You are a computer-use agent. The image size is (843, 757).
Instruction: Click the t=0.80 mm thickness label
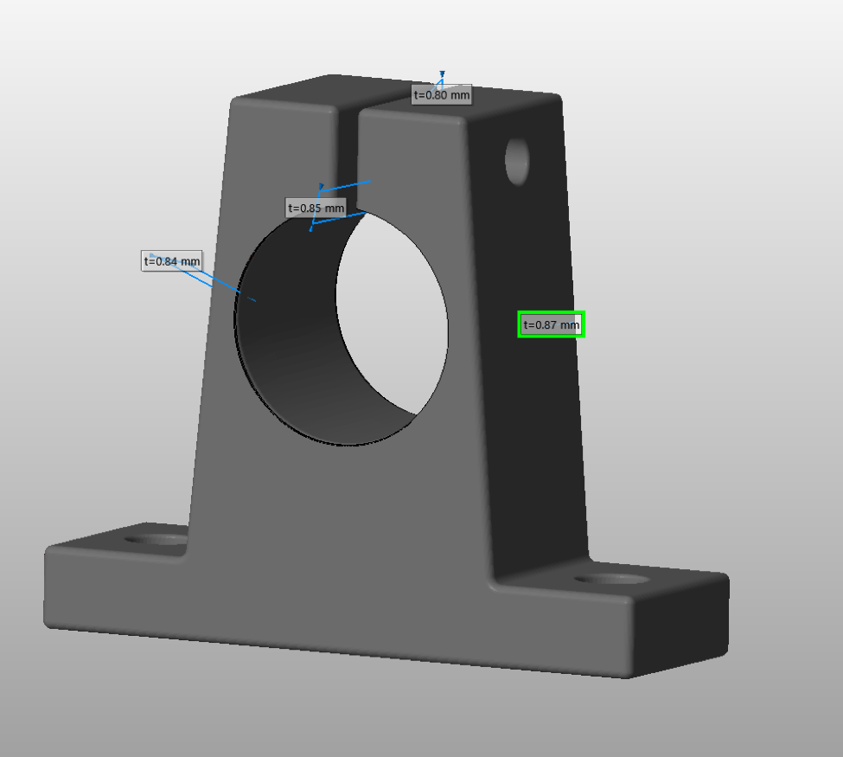coord(441,95)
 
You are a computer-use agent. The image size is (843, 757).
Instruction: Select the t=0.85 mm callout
coord(316,208)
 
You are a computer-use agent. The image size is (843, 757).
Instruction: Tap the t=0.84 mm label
coord(171,260)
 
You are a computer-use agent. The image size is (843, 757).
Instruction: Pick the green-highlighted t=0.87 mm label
coord(551,324)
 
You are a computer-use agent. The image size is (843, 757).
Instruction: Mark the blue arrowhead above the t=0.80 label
coord(442,74)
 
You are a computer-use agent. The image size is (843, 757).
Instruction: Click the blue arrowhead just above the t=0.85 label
coord(322,185)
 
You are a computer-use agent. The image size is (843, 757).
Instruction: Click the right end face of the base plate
coord(679,627)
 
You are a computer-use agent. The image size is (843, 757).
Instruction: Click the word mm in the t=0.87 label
coord(569,325)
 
